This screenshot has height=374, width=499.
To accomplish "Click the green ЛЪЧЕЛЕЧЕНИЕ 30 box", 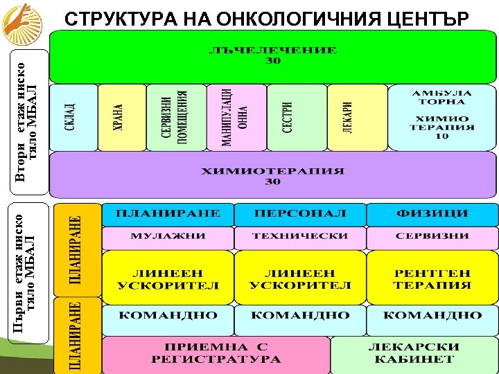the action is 273,57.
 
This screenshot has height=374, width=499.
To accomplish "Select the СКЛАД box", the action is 72,117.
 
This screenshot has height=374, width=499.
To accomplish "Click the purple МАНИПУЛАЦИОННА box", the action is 236,117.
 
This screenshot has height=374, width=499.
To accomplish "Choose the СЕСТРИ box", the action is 295,117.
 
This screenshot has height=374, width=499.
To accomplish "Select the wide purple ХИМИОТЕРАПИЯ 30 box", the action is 273,176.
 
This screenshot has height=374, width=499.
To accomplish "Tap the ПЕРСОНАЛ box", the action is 300,214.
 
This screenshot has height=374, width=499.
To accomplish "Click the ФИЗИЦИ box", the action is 432,214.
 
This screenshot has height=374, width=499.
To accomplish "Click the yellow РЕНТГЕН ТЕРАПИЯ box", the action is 432,278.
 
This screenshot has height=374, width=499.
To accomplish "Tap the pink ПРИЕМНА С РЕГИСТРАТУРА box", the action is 216,354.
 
